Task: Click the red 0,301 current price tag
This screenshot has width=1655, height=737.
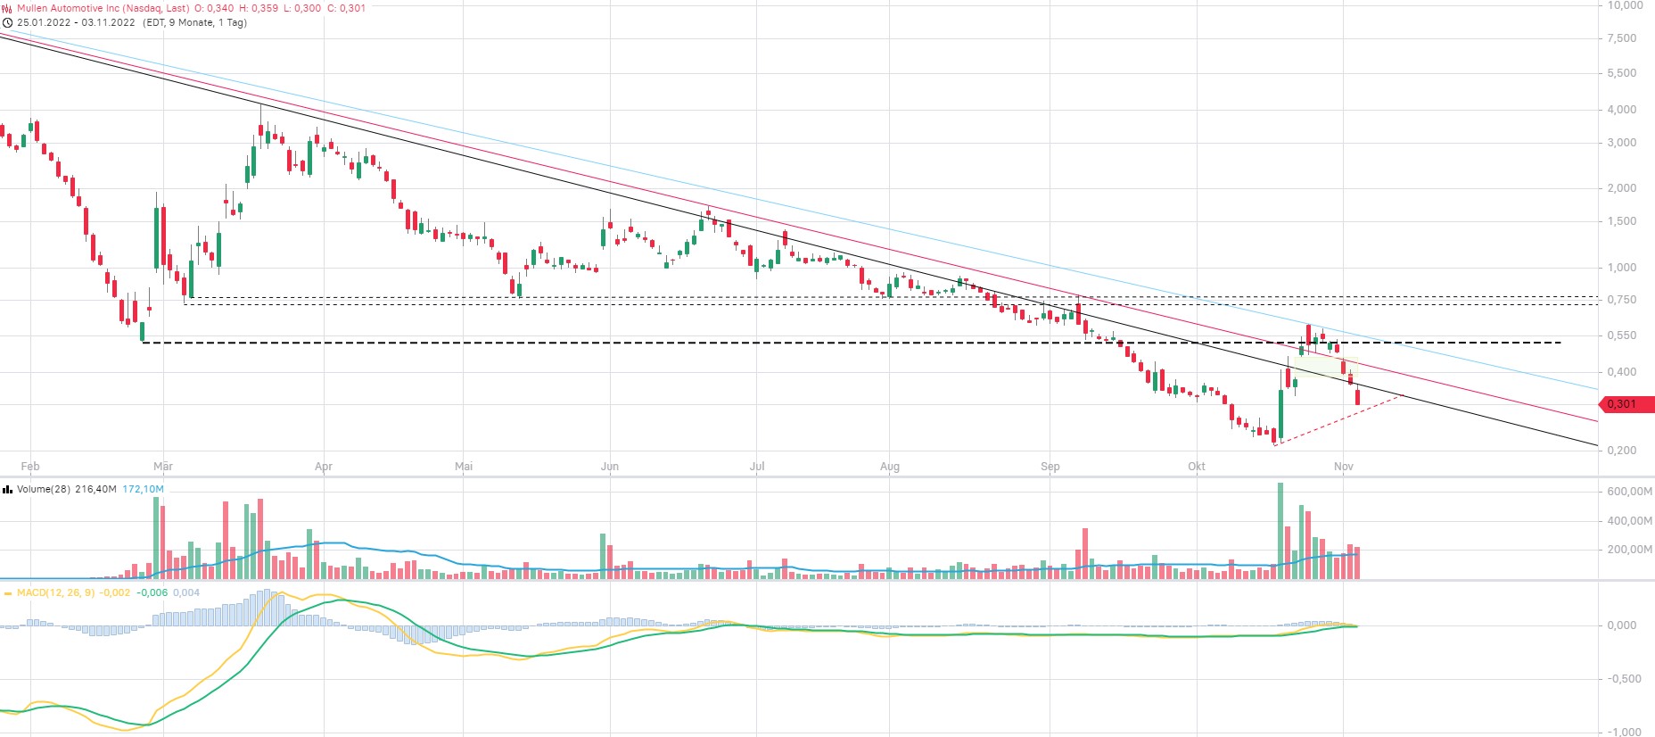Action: [1623, 404]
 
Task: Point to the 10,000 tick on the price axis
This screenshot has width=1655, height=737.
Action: [1625, 5]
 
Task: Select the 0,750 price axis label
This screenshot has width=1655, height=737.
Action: [1622, 300]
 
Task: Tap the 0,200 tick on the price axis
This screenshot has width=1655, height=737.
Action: [1622, 451]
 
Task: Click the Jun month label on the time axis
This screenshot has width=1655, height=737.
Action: [610, 467]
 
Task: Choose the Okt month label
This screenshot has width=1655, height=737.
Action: [1197, 467]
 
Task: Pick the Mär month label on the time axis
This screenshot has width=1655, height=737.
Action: [163, 467]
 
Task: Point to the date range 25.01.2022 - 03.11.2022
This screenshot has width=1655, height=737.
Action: [76, 22]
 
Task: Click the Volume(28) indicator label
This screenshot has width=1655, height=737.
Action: [44, 489]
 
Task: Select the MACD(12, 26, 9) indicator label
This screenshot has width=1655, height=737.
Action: [55, 592]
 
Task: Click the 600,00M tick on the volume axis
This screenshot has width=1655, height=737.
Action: [1629, 492]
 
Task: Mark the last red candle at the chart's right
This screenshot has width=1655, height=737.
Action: [1357, 397]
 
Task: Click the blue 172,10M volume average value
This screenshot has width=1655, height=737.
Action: [143, 489]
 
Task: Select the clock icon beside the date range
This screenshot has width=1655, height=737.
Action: [8, 22]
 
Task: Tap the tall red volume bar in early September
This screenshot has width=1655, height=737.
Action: [1085, 553]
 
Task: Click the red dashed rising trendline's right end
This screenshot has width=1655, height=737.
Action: [1404, 394]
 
